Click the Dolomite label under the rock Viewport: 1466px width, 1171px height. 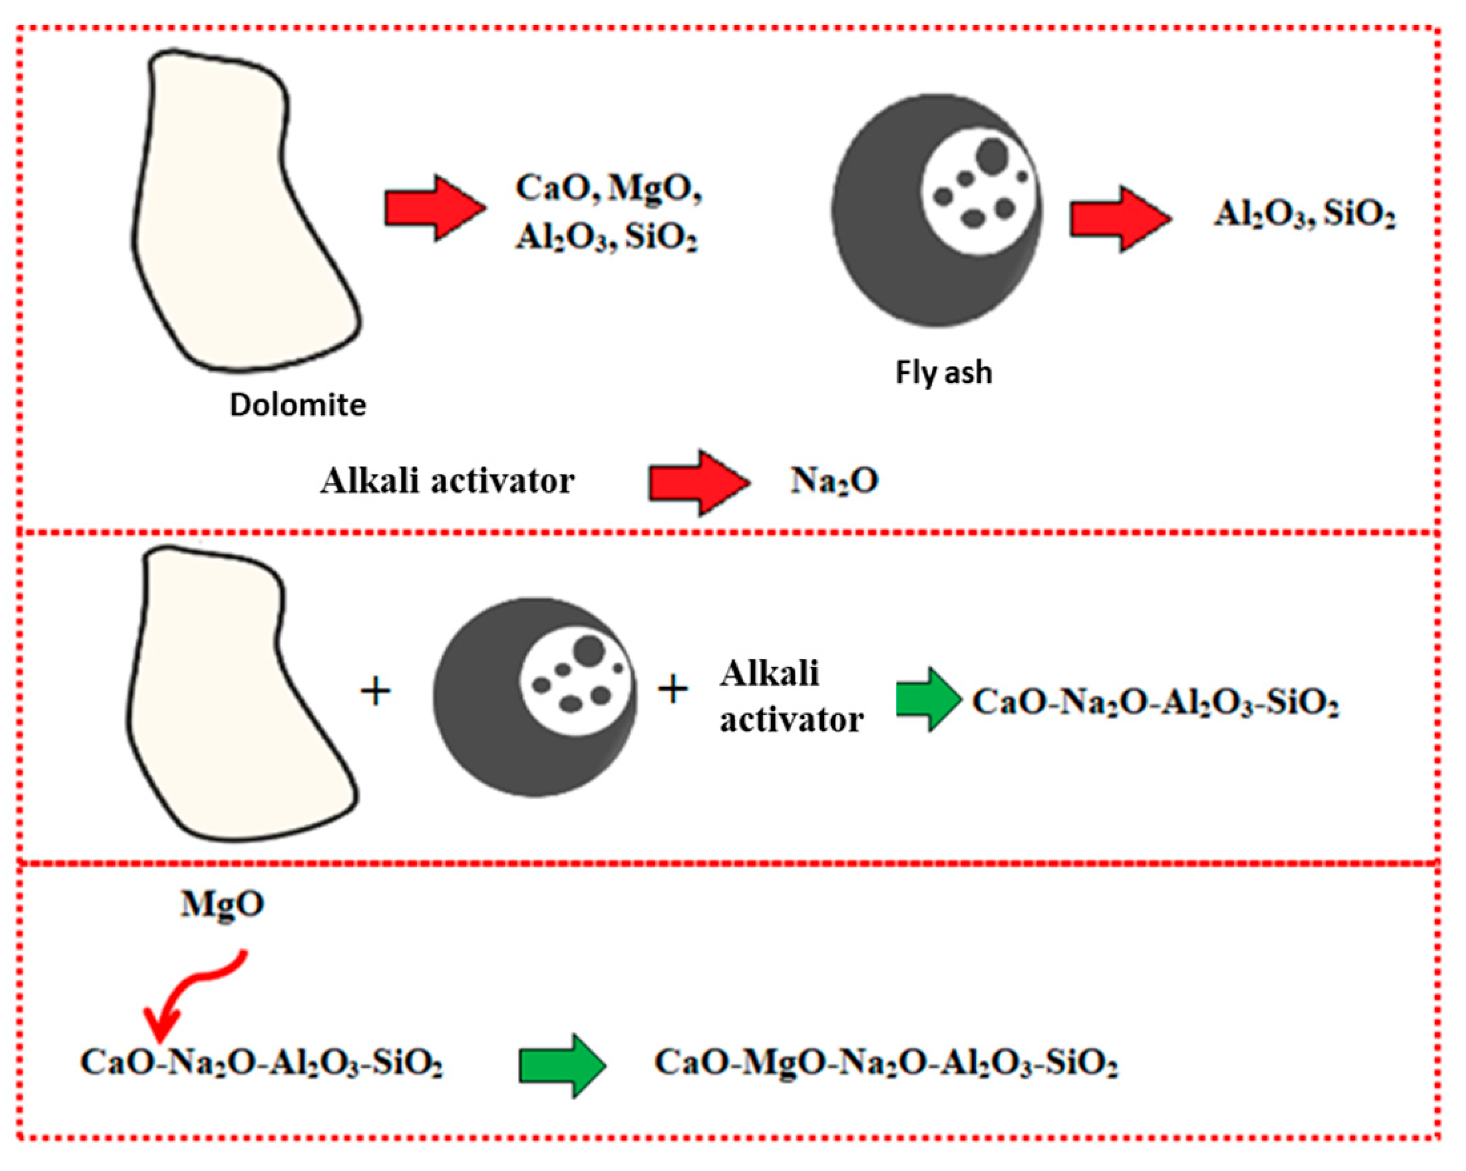298,405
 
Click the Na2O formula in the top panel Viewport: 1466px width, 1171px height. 834,481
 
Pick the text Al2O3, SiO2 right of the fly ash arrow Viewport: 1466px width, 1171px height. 1304,215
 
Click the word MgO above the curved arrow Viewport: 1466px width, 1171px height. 222,904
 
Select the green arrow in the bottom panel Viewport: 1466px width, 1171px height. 561,1066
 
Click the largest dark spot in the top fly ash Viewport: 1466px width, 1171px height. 991,156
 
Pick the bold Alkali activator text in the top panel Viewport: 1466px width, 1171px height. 447,481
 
